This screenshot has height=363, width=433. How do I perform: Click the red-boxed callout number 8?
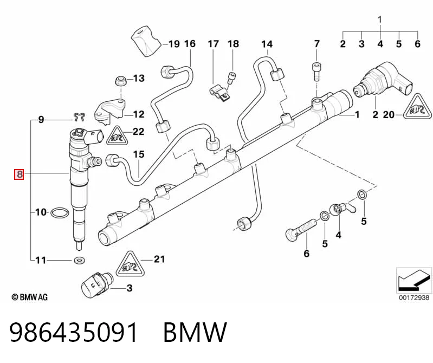coord(19,174)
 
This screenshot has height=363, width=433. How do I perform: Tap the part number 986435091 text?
coord(74,332)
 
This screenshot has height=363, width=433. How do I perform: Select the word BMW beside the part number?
coord(195,332)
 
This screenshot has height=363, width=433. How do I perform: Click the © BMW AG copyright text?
coord(30,297)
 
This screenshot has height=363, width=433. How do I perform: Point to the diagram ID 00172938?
coord(414,297)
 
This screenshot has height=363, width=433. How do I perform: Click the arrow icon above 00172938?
coord(413,280)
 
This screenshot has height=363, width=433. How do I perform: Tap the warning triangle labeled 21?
coord(130,264)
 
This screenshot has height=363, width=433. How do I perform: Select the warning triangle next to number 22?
coord(117,137)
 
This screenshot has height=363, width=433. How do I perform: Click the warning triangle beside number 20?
coord(417,107)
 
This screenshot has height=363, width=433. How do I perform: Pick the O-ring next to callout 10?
coord(60,212)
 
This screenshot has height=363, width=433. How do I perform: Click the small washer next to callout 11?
coord(80,260)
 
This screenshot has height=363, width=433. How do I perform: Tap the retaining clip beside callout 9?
coord(79,117)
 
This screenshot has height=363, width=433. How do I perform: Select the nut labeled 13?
coord(120,80)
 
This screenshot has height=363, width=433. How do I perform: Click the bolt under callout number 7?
coord(316,72)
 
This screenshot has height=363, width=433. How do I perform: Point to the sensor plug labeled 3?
coord(96,285)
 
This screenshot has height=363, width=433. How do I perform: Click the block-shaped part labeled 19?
coord(146,41)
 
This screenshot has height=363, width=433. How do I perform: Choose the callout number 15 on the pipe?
coord(139,154)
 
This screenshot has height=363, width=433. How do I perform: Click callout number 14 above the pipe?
coord(267,44)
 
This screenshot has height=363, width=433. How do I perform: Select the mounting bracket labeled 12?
coord(110,112)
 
